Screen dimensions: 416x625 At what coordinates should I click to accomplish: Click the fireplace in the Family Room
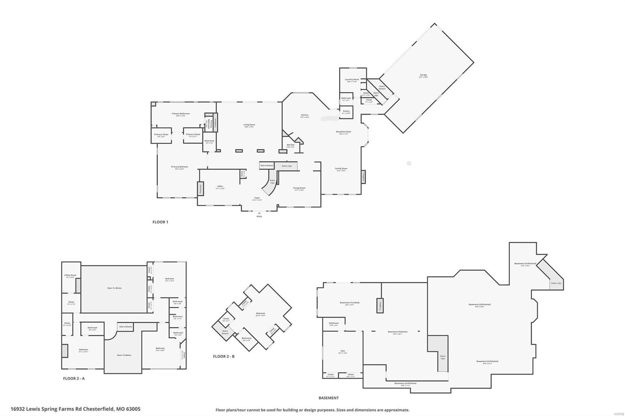pos(363,177)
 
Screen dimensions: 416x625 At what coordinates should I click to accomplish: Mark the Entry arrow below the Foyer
pos(259,213)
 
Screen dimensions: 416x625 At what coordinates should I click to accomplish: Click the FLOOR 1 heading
pos(160,222)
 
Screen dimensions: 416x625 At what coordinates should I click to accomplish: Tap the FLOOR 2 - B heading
pos(223,356)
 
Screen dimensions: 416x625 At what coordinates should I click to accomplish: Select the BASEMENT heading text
pos(329,398)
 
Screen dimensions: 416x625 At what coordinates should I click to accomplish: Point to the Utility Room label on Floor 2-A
pos(70,276)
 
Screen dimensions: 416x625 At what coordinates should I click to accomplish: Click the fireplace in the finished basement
pos(380,305)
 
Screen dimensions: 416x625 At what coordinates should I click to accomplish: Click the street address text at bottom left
pos(75,409)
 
